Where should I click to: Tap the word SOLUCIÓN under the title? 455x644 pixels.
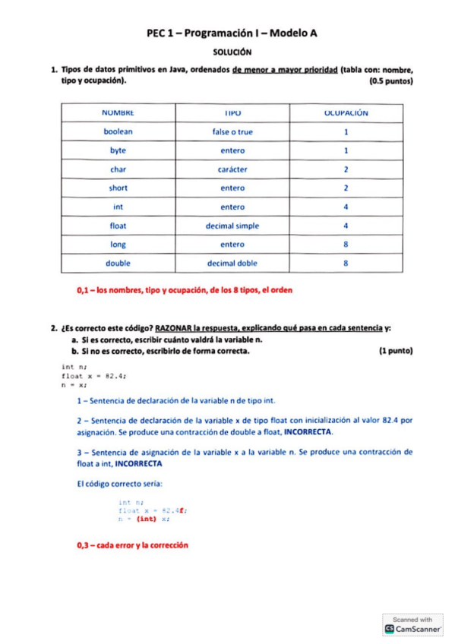pyautogui.click(x=232, y=52)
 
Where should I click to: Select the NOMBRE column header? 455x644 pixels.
pyautogui.click(x=118, y=112)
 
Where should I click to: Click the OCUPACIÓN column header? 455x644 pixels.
pyautogui.click(x=346, y=112)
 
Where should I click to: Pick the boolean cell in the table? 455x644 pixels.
pyautogui.click(x=118, y=131)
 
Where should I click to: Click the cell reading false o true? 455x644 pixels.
pyautogui.click(x=232, y=131)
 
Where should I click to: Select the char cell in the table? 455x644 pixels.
pyautogui.click(x=118, y=169)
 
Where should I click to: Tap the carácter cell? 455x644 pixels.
pyautogui.click(x=232, y=169)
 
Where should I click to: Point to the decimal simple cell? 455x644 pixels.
pyautogui.click(x=232, y=226)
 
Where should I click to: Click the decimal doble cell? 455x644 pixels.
pyautogui.click(x=232, y=264)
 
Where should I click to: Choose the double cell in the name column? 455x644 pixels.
pyautogui.click(x=118, y=264)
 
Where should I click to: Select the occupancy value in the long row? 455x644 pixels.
pyautogui.click(x=346, y=245)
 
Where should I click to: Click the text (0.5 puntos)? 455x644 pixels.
pyautogui.click(x=390, y=80)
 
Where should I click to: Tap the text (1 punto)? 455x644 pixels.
pyautogui.click(x=394, y=352)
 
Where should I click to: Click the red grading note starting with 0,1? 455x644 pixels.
pyautogui.click(x=185, y=289)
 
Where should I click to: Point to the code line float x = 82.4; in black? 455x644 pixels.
pyautogui.click(x=93, y=375)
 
